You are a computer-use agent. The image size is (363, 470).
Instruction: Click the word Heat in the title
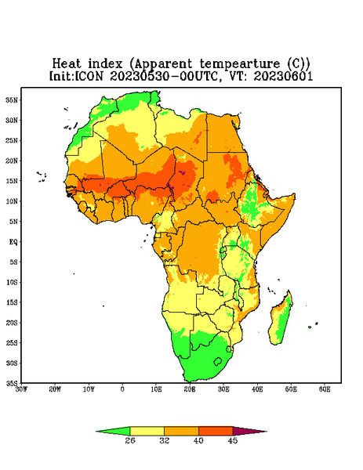tap(67, 63)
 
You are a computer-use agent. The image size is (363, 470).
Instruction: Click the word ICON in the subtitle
tap(89, 76)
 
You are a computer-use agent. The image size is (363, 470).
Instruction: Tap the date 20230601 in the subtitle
tap(283, 76)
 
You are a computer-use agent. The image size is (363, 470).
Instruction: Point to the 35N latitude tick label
tap(12, 99)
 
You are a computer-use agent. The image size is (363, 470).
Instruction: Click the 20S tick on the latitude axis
tap(12, 323)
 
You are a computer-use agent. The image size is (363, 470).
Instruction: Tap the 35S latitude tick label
tap(12, 383)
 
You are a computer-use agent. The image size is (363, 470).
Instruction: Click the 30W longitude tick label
tap(21, 389)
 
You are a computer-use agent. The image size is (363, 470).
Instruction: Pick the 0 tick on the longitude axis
tap(122, 389)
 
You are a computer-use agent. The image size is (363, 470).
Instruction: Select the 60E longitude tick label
tap(325, 389)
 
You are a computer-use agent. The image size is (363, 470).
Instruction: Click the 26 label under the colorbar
tap(130, 440)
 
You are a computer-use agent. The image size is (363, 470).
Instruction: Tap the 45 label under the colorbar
tap(233, 440)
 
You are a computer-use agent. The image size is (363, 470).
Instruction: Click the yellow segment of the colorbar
tap(147, 431)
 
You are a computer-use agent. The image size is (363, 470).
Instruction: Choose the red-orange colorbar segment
tap(216, 431)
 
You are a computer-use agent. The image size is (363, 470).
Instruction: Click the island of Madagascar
tap(281, 320)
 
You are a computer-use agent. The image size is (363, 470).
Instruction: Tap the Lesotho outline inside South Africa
tap(218, 361)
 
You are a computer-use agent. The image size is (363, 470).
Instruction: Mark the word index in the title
tap(105, 63)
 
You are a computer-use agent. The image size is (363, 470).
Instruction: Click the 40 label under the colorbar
tap(198, 440)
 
